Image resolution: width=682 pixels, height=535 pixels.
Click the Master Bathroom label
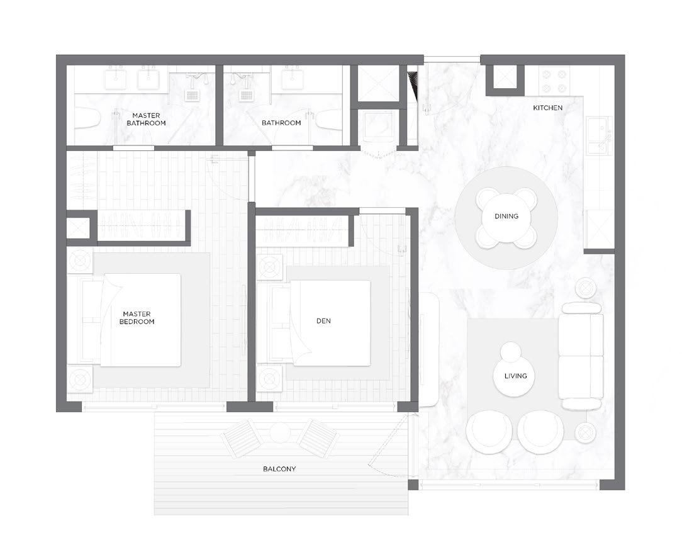click(x=146, y=119)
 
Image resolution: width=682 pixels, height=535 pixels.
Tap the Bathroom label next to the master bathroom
click(x=281, y=123)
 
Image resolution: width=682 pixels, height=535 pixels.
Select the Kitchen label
click(x=547, y=108)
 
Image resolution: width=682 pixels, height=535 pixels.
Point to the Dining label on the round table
click(x=506, y=216)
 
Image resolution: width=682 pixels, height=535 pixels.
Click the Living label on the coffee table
click(x=515, y=376)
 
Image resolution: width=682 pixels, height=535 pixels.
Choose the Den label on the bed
click(x=323, y=321)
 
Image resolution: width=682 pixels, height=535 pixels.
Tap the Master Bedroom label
click(x=137, y=318)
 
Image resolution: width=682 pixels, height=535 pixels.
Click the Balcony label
click(x=279, y=469)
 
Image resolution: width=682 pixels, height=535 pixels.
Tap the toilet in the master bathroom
click(x=87, y=119)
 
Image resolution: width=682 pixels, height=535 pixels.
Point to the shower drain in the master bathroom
click(x=192, y=94)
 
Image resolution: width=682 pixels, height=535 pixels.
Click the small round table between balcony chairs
click(x=280, y=433)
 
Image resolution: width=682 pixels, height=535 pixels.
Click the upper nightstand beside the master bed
click(x=80, y=261)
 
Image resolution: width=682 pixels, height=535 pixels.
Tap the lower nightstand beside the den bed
click(x=270, y=377)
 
